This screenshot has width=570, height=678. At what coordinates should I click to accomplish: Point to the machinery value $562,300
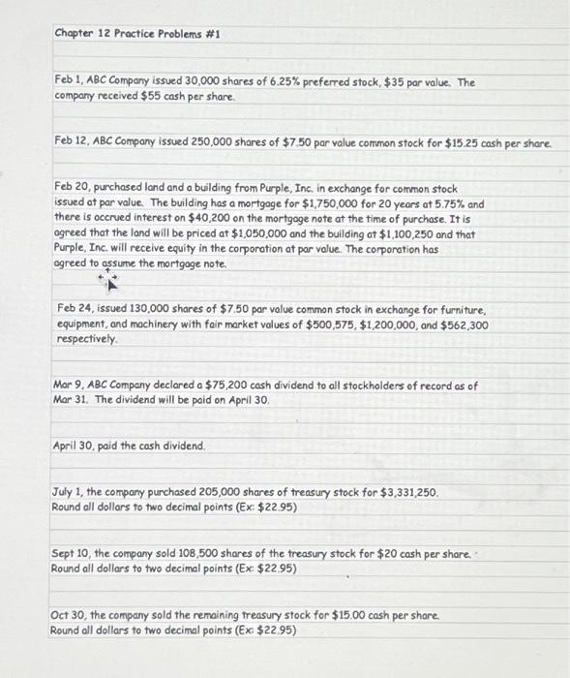464,324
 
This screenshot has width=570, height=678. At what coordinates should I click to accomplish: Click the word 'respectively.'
88,340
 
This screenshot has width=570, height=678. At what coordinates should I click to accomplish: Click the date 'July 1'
69,492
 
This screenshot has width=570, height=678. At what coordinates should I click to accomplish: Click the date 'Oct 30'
69,614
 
